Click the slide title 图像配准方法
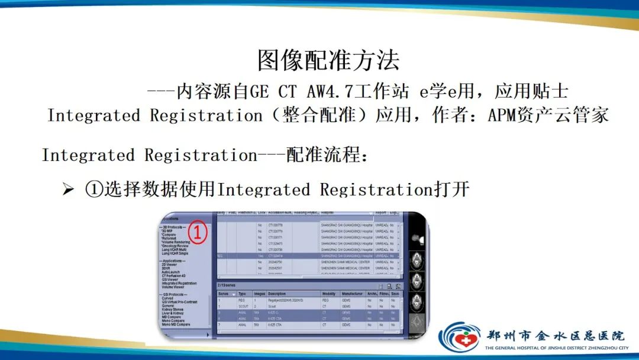pyautogui.click(x=328, y=60)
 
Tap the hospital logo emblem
pyautogui.click(x=459, y=338)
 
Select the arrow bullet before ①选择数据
pyautogui.click(x=69, y=190)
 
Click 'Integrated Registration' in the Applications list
pyautogui.click(x=179, y=283)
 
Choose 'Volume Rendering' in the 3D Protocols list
pyautogui.click(x=176, y=242)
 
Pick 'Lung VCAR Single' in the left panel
pyautogui.click(x=175, y=253)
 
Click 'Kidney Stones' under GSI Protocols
pyautogui.click(x=173, y=309)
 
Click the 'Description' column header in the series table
pyautogui.click(x=276, y=294)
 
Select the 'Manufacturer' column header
pyautogui.click(x=351, y=294)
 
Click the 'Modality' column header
pyautogui.click(x=329, y=294)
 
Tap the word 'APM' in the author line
pyautogui.click(x=503, y=115)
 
